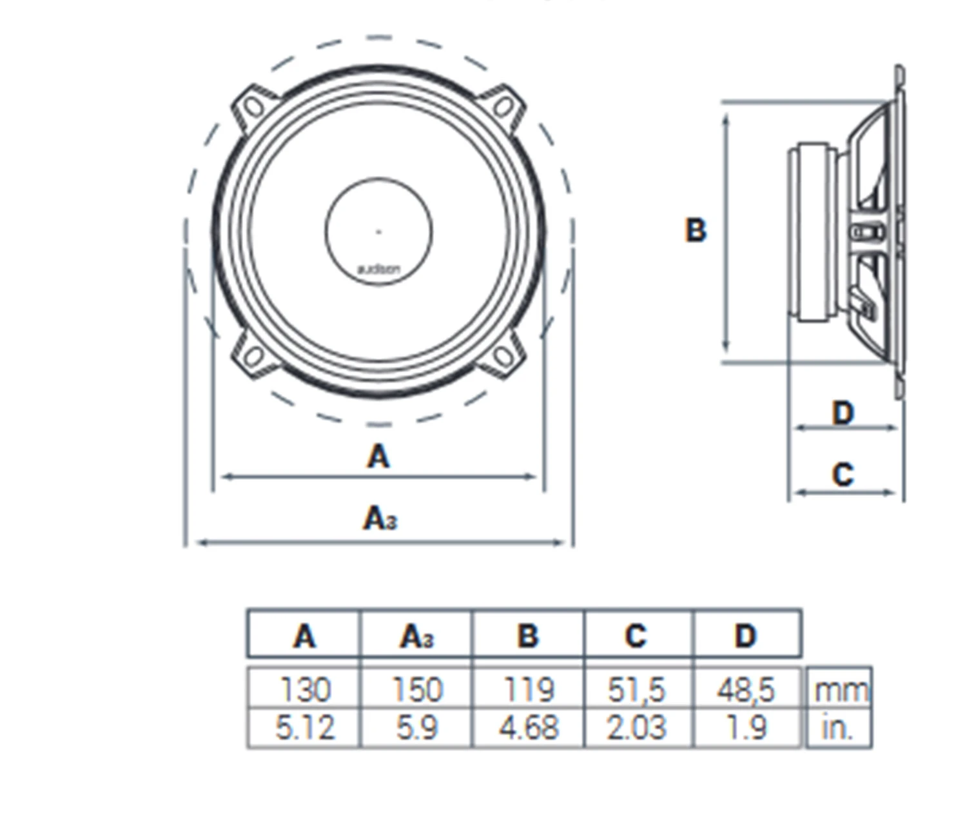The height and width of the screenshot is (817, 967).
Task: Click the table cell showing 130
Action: click(x=304, y=689)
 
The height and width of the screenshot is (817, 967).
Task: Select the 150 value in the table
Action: click(x=417, y=689)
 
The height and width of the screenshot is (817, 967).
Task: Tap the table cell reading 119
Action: click(x=528, y=689)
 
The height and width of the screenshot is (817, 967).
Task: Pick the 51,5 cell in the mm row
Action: click(x=636, y=690)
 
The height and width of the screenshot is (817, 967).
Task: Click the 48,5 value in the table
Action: click(x=746, y=690)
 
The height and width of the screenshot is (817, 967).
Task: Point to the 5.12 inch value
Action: click(x=304, y=728)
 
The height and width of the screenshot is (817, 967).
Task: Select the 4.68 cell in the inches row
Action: click(x=528, y=728)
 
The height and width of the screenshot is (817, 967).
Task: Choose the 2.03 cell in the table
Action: click(x=636, y=728)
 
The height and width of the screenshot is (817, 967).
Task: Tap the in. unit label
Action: click(x=837, y=728)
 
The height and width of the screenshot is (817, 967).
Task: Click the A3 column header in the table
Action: click(x=417, y=636)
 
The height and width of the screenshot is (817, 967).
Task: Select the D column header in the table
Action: click(x=746, y=636)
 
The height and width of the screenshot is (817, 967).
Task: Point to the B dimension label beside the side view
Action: click(x=696, y=230)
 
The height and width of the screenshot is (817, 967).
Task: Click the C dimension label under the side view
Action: click(x=843, y=475)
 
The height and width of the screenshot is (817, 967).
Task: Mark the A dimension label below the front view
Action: click(x=378, y=457)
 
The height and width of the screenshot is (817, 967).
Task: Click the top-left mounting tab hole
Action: click(x=254, y=106)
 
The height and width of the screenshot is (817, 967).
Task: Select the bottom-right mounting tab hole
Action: click(x=503, y=355)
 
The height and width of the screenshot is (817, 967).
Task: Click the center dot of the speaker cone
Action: click(x=378, y=231)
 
